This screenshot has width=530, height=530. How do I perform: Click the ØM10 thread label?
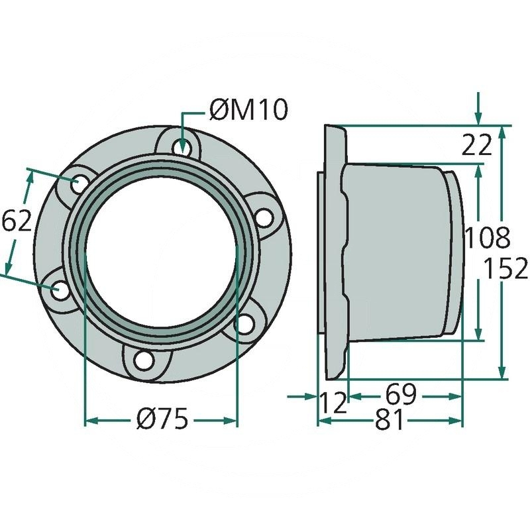pyautogui.click(x=248, y=110)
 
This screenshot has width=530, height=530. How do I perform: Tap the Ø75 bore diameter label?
pyautogui.click(x=162, y=419)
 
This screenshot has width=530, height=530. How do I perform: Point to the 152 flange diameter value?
pyautogui.click(x=505, y=268)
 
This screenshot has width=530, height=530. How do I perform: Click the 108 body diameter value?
pyautogui.click(x=487, y=238)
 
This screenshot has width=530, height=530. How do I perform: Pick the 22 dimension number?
pyautogui.click(x=476, y=144)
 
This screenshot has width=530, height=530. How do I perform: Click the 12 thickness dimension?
pyautogui.click(x=334, y=403)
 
